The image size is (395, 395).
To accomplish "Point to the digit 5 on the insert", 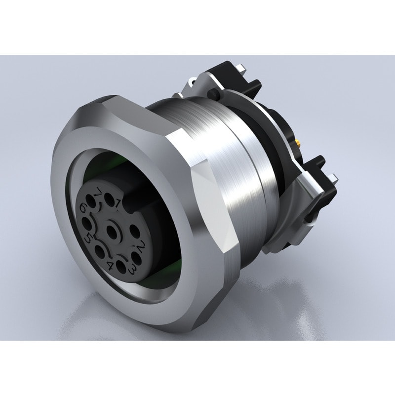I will pos(88,237).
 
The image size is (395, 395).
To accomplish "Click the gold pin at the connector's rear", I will pos(298,144).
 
